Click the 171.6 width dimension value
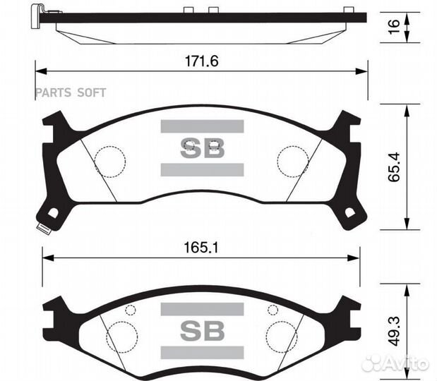pos(201,61)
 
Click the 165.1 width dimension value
pos(201,248)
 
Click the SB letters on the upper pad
pos(202,148)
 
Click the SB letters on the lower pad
pos(202,330)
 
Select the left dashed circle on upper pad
pos(109,162)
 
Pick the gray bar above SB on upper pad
pos(202,127)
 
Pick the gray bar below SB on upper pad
pos(202,169)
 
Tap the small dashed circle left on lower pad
pos(130,310)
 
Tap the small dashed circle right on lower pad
pos(273,310)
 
